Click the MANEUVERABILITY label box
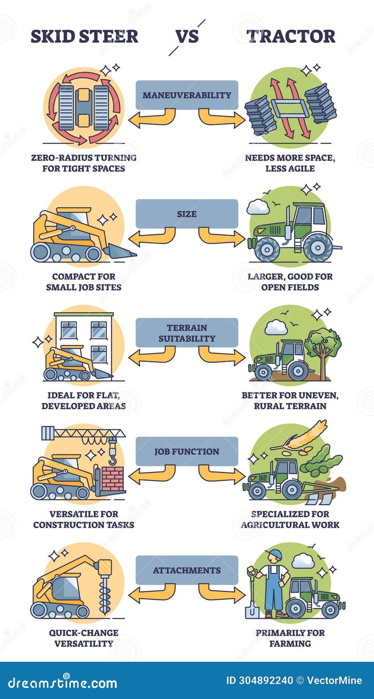[187, 95]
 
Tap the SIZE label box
[187, 214]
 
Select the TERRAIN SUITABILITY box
[187, 333]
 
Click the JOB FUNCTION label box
[187, 452]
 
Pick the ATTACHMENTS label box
[187, 570]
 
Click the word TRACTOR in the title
[291, 36]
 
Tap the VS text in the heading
[187, 36]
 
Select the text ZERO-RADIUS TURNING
[84, 158]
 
